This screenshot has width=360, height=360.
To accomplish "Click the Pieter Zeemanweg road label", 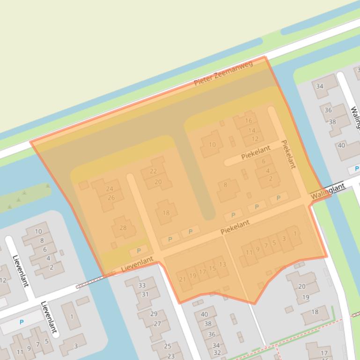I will tap(223, 74).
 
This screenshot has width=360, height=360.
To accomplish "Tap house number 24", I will tap(110, 189).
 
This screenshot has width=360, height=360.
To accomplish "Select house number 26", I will tap(111, 197).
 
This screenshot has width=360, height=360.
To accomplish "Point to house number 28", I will tap(123, 228).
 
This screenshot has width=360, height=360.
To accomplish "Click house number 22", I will tap(153, 172).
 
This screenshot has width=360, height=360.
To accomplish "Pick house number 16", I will tap(249, 121).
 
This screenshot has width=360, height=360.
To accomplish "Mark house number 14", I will tap(252, 130).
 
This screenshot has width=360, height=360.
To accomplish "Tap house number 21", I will tap(183, 280).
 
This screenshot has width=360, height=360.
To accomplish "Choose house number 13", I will tap(222, 265).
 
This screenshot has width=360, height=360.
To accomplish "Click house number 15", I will tap(213, 268).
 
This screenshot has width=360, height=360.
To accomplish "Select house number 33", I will tap(142, 285).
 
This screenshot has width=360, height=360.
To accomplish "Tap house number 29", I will tap(154, 314).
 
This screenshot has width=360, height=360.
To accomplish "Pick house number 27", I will tap(157, 324).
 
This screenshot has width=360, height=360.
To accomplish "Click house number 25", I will tap(168, 346).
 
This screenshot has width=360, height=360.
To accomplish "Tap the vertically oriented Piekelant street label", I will tap(288, 154).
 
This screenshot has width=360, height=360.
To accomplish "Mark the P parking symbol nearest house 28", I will tap(139, 251).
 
